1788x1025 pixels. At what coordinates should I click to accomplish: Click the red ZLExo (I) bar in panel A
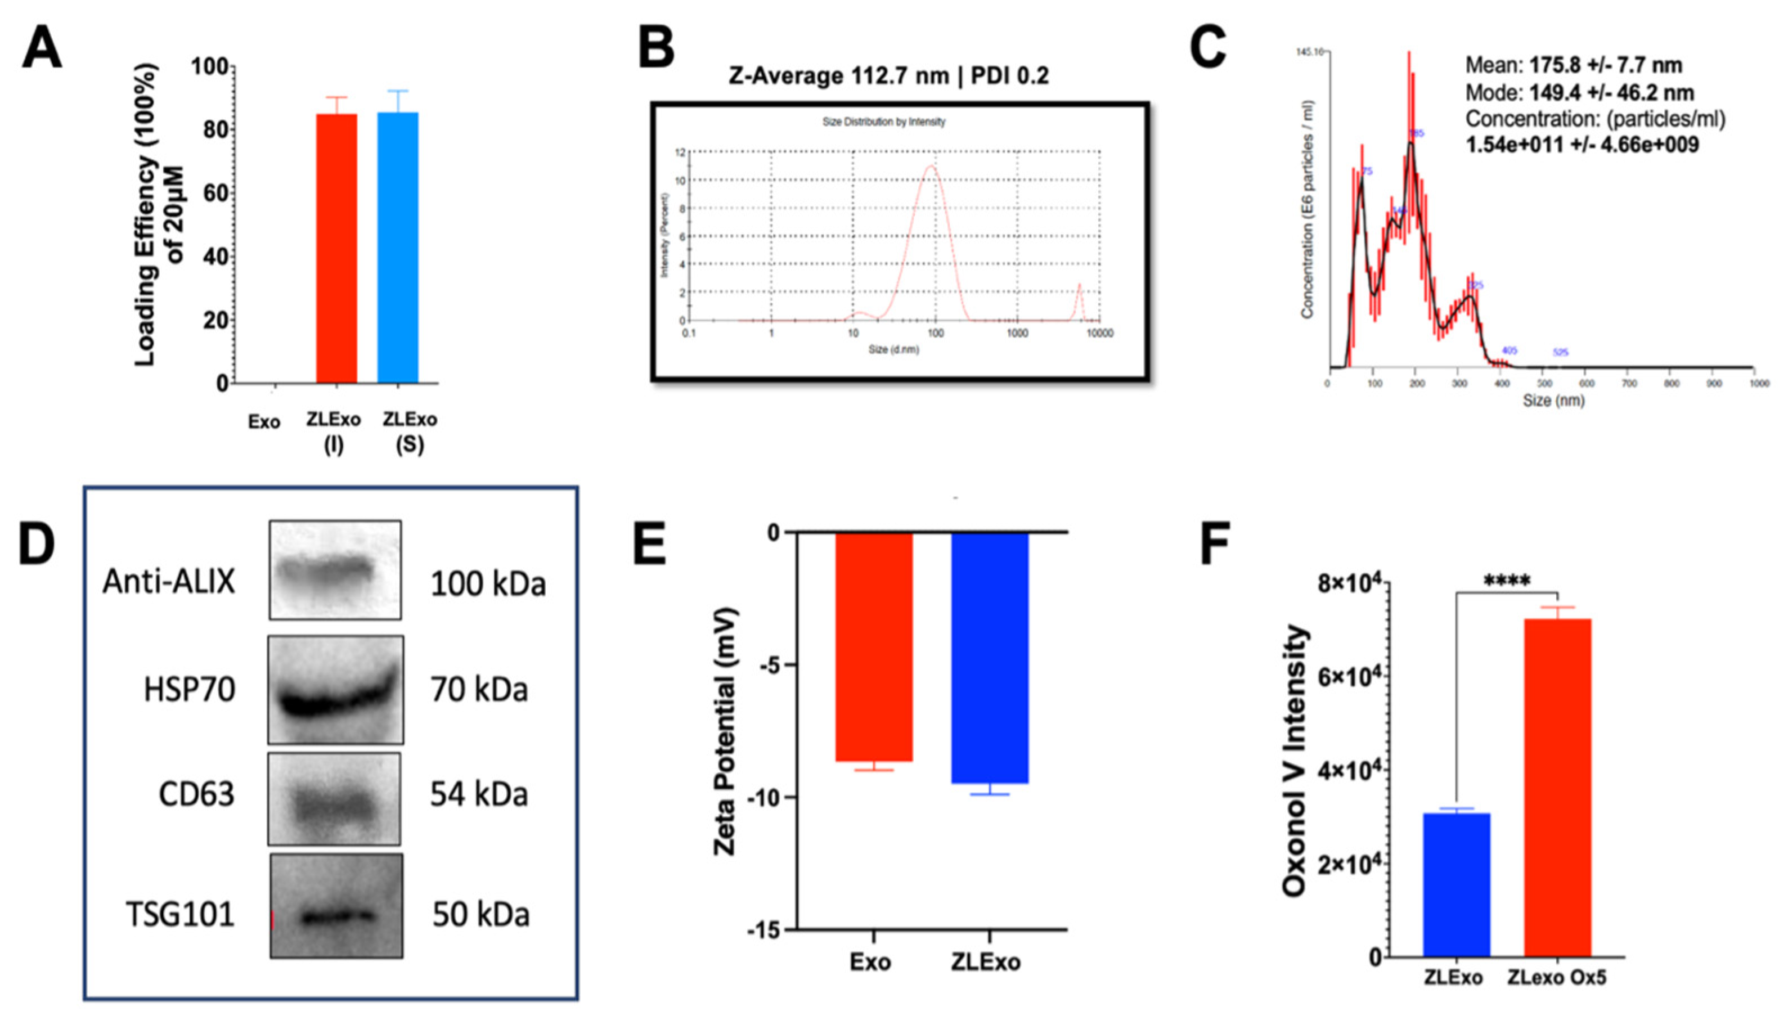(336, 248)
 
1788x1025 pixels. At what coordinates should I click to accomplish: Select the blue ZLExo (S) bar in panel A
(398, 248)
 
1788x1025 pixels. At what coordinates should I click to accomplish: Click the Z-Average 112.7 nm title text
(888, 75)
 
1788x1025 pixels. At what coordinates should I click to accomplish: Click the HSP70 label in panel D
(190, 690)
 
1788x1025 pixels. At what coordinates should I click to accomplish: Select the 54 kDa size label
(479, 794)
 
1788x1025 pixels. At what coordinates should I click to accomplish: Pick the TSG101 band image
(336, 907)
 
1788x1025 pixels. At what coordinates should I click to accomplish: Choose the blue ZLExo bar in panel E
(990, 658)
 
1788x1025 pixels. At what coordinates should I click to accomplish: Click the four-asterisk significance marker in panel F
(1507, 582)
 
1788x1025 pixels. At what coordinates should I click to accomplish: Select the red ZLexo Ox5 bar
(1557, 787)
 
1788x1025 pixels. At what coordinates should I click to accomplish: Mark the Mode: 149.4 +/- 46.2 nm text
(1580, 93)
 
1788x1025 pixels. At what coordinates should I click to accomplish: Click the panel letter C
(1208, 50)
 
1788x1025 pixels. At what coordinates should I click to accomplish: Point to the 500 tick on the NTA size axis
(1544, 384)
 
